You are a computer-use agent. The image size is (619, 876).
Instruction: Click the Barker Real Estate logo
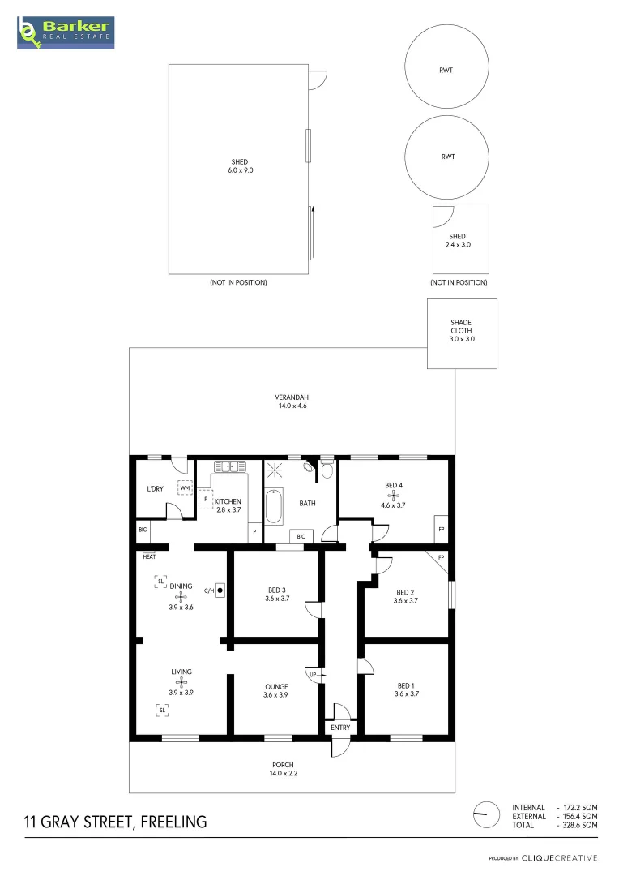coord(66,32)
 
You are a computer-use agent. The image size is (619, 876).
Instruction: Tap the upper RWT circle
coord(446,70)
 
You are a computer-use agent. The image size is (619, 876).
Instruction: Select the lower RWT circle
coord(446,157)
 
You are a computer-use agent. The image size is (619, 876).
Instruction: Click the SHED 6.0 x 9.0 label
coord(239,166)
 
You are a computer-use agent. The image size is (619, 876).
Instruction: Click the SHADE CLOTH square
coord(461,333)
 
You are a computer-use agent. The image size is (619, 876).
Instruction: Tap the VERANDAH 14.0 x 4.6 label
coord(291,401)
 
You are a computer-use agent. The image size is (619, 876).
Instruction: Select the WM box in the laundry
coord(185,488)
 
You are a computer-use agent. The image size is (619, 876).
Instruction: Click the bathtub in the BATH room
coord(275,507)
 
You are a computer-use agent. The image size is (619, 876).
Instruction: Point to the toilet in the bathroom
coord(327,470)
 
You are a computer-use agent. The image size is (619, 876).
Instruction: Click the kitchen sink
coord(230,466)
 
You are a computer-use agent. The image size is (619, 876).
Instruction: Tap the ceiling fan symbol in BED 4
coord(392,494)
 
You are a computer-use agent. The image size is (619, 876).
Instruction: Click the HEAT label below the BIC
coord(149,556)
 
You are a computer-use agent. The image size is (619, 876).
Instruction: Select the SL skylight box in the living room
coord(162,710)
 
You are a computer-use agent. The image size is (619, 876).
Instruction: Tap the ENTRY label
coord(340,728)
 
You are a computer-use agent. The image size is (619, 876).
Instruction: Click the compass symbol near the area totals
coord(487,815)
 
